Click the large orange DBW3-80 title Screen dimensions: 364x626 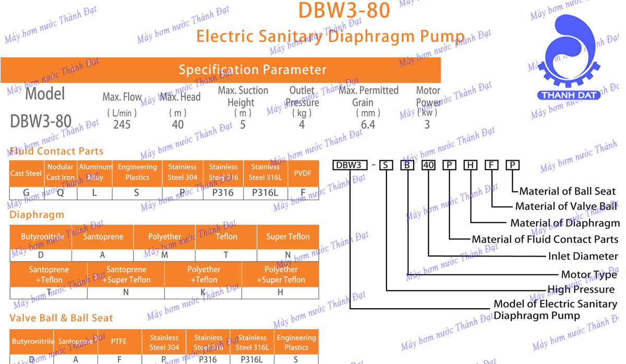[344, 10]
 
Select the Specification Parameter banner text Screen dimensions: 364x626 [252, 70]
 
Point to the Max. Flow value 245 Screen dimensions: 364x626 [122, 124]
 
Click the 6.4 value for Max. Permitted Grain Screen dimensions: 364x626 [368, 124]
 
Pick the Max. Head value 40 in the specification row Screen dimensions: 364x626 [178, 124]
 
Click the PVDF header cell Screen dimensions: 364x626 [303, 173]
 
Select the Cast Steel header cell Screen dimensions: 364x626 [26, 173]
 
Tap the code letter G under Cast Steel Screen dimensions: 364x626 [26, 193]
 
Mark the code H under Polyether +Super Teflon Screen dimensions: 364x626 [280, 293]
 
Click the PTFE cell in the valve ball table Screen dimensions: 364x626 [119, 342]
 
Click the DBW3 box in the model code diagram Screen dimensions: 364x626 [348, 165]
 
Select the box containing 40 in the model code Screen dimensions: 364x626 [428, 165]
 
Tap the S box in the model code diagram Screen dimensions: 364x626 [386, 165]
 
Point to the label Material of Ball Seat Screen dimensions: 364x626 [567, 191]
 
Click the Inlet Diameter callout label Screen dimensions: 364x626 [583, 256]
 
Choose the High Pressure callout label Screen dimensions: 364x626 [581, 289]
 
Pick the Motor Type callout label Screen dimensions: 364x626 [589, 275]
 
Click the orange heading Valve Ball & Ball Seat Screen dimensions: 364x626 [61, 318]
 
